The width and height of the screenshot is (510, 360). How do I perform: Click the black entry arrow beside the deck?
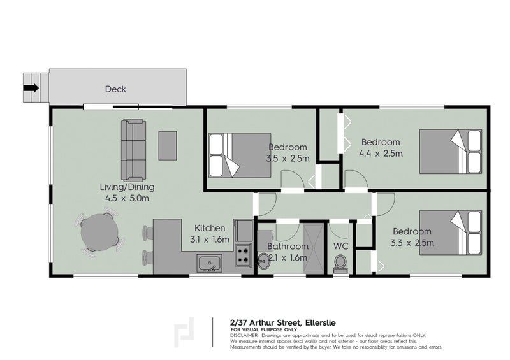point(31,89)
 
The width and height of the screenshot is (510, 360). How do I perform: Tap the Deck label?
point(115,89)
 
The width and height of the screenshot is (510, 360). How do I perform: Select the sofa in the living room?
point(133,149)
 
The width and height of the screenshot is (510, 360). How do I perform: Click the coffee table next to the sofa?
point(168,145)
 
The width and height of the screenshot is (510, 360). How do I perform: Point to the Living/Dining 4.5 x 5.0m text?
point(127,192)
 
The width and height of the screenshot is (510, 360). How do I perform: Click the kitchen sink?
point(208,262)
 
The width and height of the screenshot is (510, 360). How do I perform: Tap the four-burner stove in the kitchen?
point(243,256)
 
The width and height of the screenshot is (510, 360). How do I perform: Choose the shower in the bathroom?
point(312,247)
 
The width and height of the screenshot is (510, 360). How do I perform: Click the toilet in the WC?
point(340,263)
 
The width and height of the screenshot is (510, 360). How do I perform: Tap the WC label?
point(341,245)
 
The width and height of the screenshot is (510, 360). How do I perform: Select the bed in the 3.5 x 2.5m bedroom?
point(240,155)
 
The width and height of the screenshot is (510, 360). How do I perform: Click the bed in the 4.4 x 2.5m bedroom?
point(450,150)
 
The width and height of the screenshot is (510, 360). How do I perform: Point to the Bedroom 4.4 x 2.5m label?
point(381,147)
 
